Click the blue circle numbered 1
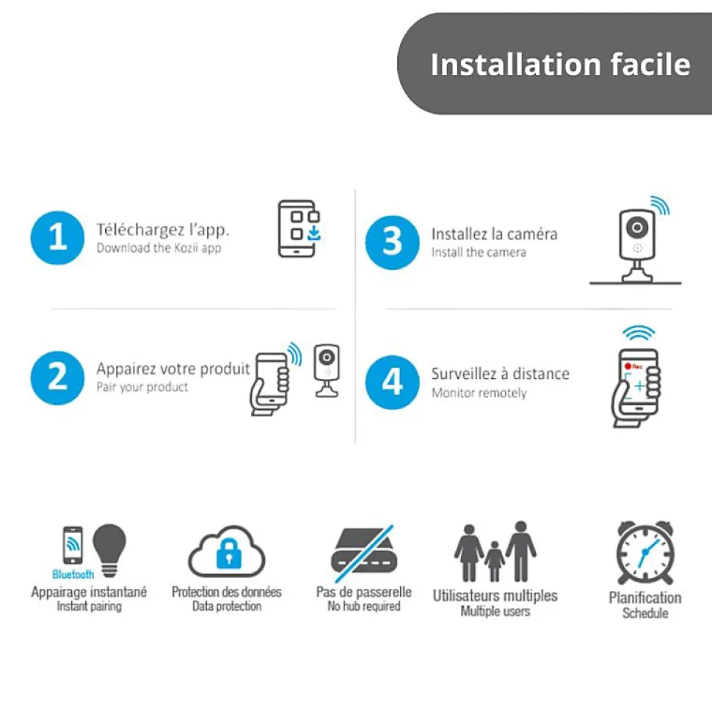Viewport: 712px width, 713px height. (x=57, y=238)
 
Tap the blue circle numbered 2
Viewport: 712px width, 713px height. (x=57, y=378)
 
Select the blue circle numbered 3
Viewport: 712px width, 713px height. (x=393, y=243)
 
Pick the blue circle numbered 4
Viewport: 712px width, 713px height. (x=393, y=383)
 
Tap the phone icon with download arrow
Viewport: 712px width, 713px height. (x=299, y=228)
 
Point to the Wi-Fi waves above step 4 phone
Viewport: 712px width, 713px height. (x=639, y=333)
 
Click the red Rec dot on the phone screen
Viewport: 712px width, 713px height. (x=628, y=366)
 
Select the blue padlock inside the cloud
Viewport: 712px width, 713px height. (x=229, y=554)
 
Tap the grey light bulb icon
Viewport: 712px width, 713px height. (x=109, y=550)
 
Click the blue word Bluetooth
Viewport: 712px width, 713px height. (x=73, y=575)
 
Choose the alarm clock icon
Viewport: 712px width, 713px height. (x=645, y=552)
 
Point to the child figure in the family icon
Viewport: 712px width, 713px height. (x=495, y=561)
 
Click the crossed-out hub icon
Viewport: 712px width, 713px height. (x=364, y=554)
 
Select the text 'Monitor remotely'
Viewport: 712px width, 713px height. (x=479, y=393)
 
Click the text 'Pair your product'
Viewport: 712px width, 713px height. (x=142, y=387)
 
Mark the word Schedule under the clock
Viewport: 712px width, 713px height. (x=645, y=613)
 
